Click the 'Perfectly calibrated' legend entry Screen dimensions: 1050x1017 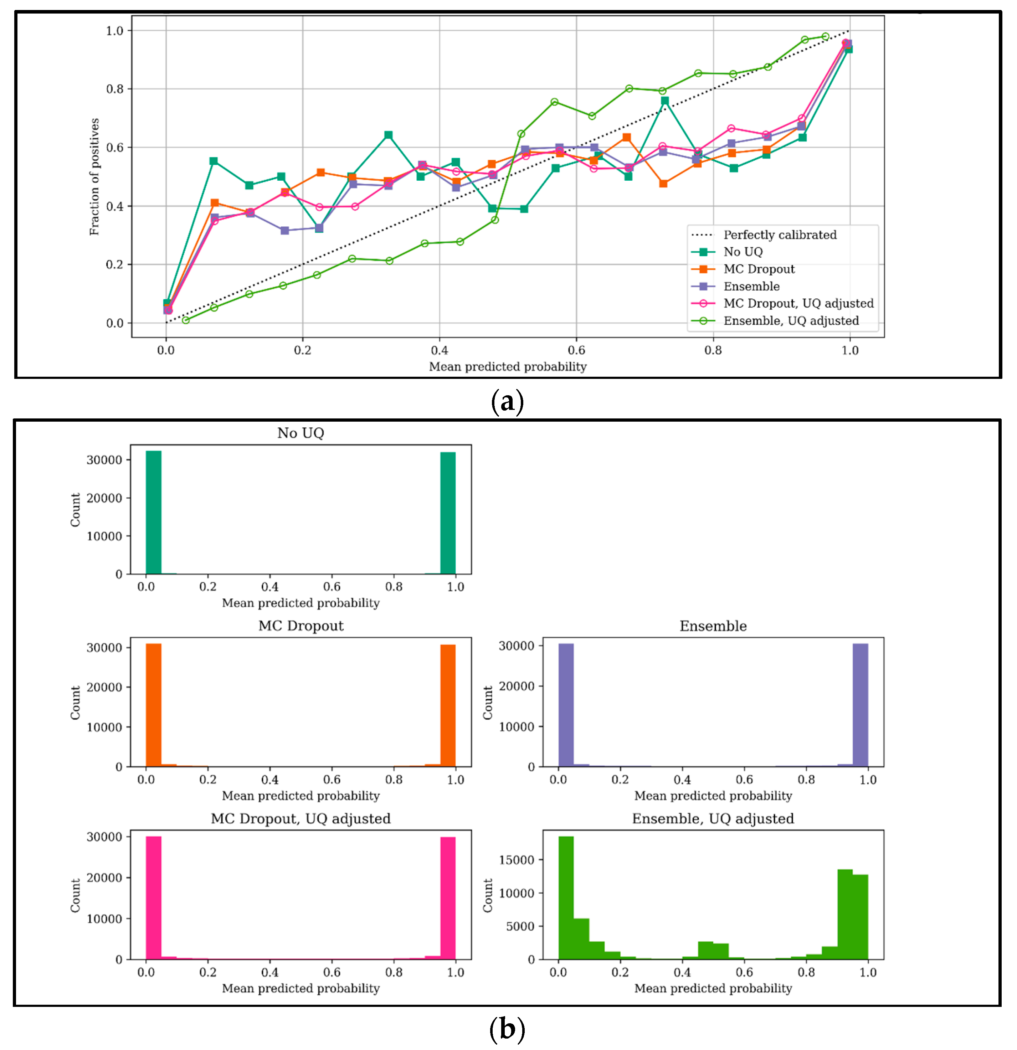coord(780,235)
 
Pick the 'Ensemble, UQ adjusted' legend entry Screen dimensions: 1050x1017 coord(791,321)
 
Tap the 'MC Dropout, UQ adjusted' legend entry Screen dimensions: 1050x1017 coord(798,304)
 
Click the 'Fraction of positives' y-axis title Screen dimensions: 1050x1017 coord(94,177)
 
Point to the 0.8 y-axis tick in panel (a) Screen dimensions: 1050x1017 coord(115,89)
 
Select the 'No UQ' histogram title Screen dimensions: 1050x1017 coord(301,433)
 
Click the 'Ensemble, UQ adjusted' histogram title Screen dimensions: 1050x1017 coord(713,819)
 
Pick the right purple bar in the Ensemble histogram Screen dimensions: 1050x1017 coord(860,705)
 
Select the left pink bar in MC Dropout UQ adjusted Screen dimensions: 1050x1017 coord(153,898)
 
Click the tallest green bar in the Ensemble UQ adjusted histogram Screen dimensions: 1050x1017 coord(566,898)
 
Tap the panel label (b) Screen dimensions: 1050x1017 coord(507,1029)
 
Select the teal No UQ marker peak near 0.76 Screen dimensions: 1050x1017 coord(665,101)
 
